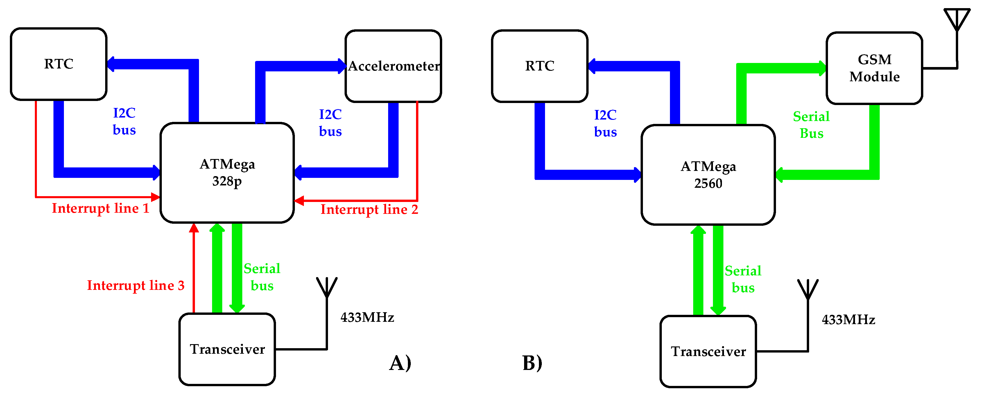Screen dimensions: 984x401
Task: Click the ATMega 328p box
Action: click(x=227, y=172)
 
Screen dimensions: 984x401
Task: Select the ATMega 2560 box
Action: click(x=708, y=175)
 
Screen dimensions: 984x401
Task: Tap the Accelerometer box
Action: click(x=393, y=66)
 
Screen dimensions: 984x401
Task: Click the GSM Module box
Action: click(x=874, y=68)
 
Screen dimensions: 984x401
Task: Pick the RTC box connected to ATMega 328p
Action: click(x=58, y=64)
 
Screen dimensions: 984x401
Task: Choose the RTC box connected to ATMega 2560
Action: click(x=540, y=66)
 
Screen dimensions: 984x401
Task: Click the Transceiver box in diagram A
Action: click(x=227, y=349)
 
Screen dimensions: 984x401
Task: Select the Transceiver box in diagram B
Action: click(x=708, y=351)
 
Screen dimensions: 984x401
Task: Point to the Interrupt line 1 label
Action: click(x=101, y=208)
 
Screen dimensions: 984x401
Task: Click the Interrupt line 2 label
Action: click(x=369, y=209)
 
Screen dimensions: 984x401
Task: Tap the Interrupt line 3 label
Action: click(x=136, y=286)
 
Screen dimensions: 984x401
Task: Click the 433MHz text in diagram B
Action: click(x=848, y=319)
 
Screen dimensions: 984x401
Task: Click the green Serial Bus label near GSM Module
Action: click(x=811, y=125)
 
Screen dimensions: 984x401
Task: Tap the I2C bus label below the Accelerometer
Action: click(x=330, y=122)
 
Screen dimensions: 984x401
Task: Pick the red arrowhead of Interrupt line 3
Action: click(x=194, y=228)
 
